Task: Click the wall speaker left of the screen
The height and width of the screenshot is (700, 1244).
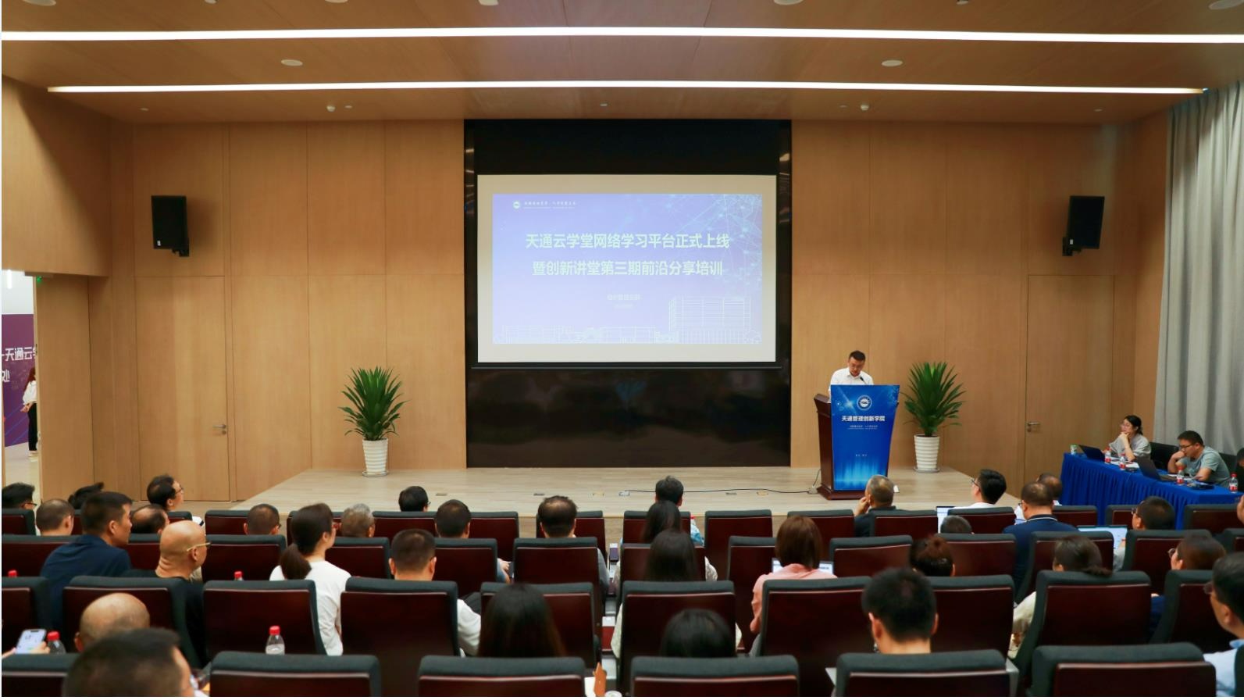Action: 169,223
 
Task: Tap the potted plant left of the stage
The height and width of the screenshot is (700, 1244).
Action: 374,406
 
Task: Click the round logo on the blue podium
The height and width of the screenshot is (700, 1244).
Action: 864,403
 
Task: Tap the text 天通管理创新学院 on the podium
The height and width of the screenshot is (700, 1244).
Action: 864,419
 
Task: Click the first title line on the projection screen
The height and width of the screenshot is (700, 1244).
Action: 626,241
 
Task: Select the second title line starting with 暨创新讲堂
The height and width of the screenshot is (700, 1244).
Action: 626,269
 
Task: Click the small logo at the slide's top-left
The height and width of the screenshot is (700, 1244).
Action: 516,205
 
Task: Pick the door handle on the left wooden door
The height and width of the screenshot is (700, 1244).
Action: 220,427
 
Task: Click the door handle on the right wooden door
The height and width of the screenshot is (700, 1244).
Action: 1033,427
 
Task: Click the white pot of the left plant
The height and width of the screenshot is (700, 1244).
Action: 375,456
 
